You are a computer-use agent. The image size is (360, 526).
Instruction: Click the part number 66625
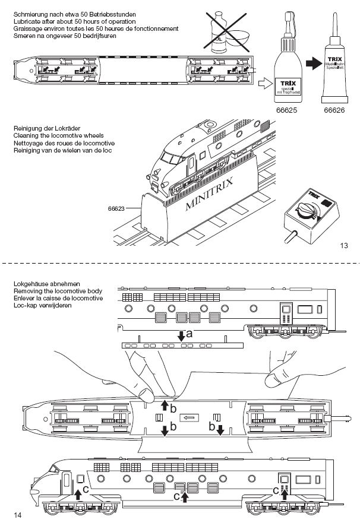286,110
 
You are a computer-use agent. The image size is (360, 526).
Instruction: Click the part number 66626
334,110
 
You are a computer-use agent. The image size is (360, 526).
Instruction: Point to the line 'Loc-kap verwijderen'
43,306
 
